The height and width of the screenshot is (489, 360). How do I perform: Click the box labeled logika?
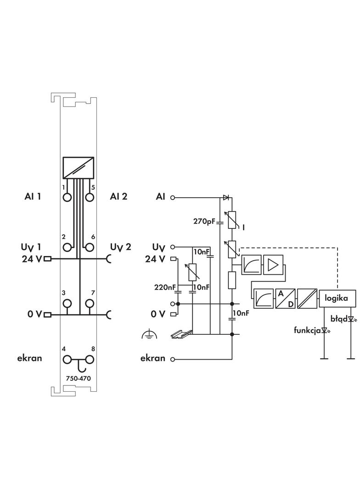[x=337, y=298]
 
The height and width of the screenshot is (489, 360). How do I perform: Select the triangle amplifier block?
[x=274, y=265]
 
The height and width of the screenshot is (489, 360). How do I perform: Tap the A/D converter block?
[x=285, y=299]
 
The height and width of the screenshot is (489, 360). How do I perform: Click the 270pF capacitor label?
[x=204, y=222]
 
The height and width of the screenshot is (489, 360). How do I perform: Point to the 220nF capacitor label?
[x=165, y=287]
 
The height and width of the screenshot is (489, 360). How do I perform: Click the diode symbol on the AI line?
[x=226, y=197]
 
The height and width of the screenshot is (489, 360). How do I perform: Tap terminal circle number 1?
[x=67, y=197]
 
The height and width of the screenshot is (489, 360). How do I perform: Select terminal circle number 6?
[x=90, y=247]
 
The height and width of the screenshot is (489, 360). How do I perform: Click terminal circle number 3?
[x=67, y=303]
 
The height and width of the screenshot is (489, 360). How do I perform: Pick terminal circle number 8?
[x=90, y=360]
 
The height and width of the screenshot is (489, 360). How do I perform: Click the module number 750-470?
[x=79, y=378]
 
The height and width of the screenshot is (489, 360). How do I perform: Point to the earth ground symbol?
[x=149, y=334]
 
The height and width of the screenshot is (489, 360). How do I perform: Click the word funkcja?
[x=307, y=330]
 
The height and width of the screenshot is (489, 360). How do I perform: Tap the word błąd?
[x=339, y=319]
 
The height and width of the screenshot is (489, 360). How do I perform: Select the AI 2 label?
[x=118, y=196]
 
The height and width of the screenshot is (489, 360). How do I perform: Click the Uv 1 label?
[x=31, y=247]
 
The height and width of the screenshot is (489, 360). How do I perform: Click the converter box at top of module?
[x=79, y=168]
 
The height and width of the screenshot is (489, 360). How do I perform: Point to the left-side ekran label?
[x=29, y=358]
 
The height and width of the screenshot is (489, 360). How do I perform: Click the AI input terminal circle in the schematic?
[x=172, y=197]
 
